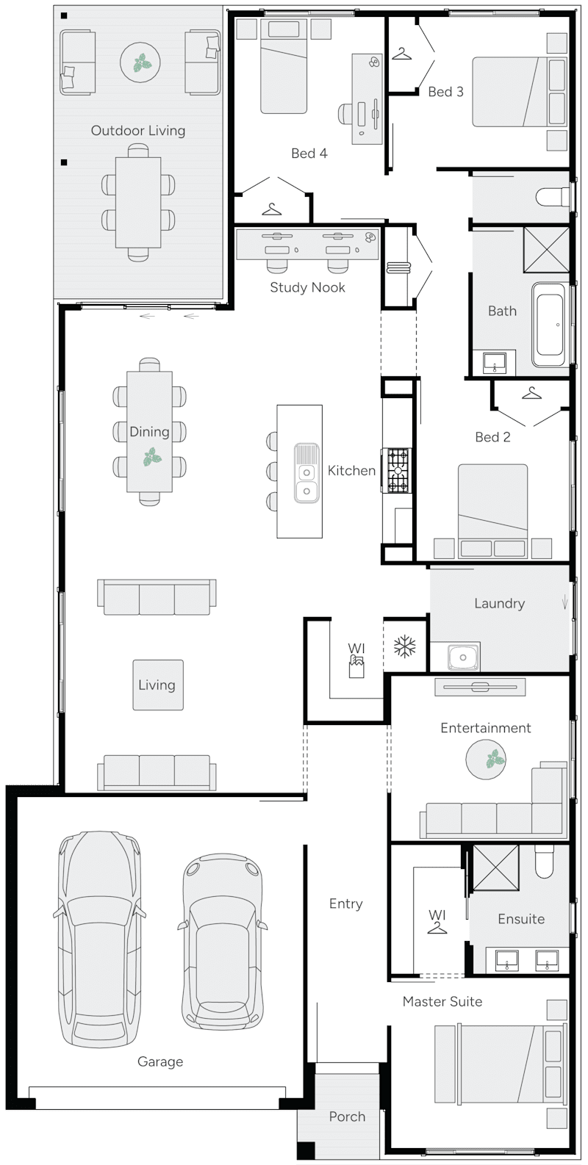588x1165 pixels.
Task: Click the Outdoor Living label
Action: click(137, 131)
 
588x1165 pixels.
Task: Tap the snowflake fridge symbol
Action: click(405, 646)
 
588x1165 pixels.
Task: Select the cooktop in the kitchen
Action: click(398, 470)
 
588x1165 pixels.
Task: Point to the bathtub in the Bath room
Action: click(550, 325)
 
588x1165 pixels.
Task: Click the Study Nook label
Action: click(307, 287)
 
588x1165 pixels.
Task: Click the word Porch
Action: click(347, 1117)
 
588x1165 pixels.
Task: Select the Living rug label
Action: click(157, 685)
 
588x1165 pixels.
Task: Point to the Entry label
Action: click(345, 903)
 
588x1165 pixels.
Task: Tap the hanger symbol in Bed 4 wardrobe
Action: click(272, 209)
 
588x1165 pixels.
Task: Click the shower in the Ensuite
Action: click(495, 867)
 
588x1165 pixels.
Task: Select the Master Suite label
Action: click(442, 1001)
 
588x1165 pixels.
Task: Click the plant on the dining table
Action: click(153, 459)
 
